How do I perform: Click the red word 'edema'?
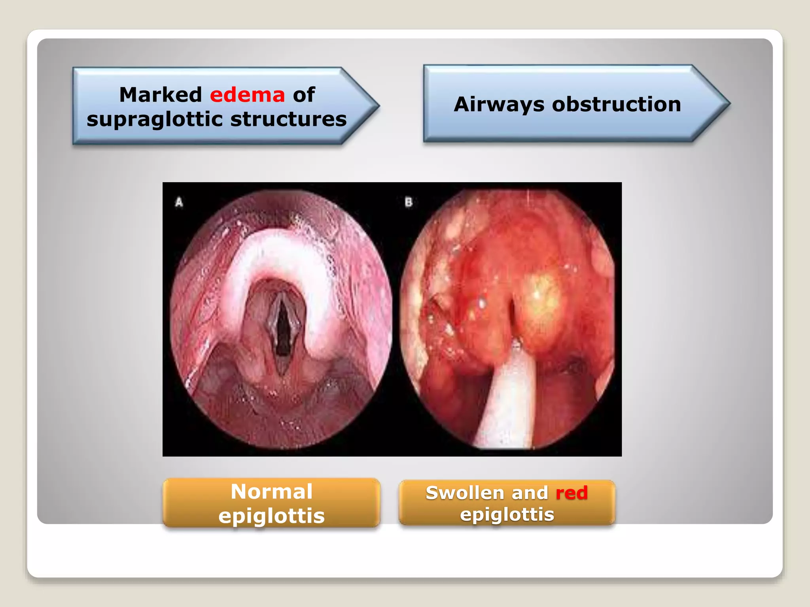pyautogui.click(x=247, y=95)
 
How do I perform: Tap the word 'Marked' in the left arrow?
pyautogui.click(x=161, y=95)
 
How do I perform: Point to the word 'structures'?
pyautogui.click(x=288, y=119)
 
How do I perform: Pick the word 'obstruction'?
pyautogui.click(x=616, y=104)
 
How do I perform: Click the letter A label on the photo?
pyautogui.click(x=179, y=202)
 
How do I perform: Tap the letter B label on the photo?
pyautogui.click(x=409, y=202)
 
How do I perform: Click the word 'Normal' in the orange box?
pyautogui.click(x=271, y=492)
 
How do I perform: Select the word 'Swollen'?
pyautogui.click(x=465, y=493)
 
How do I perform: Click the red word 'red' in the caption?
pyautogui.click(x=572, y=493)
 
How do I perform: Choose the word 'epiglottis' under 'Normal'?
pyautogui.click(x=271, y=516)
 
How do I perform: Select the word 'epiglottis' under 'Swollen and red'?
pyautogui.click(x=507, y=515)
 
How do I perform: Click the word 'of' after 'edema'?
pyautogui.click(x=304, y=95)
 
